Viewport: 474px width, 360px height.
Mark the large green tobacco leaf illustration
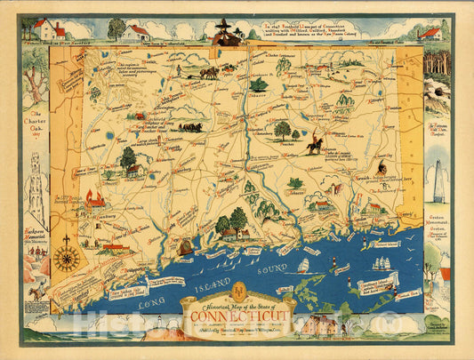pyautogui.click(x=259, y=85)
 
